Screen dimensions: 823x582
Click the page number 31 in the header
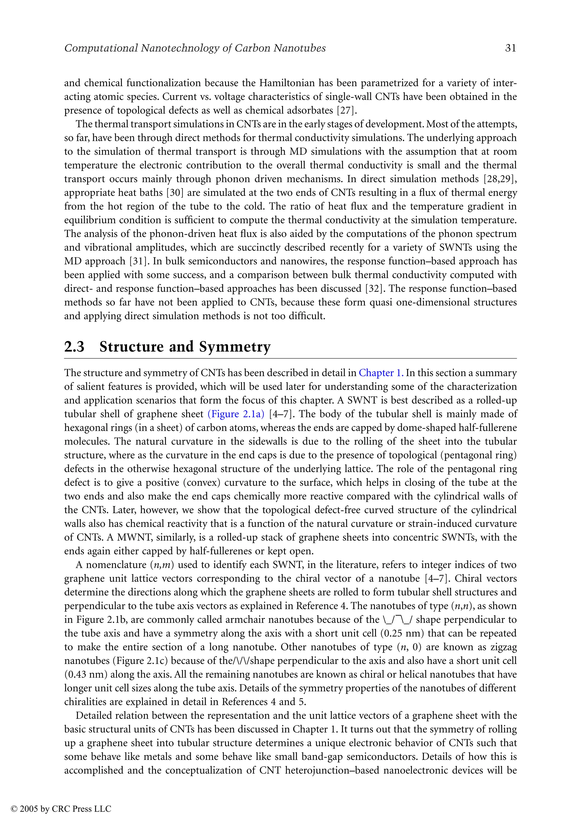(510, 48)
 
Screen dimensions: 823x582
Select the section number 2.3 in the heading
(74, 347)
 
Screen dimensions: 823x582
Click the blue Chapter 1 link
(381, 373)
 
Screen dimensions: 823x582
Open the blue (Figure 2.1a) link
(236, 414)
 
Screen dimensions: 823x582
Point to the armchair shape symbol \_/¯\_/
(397, 620)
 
